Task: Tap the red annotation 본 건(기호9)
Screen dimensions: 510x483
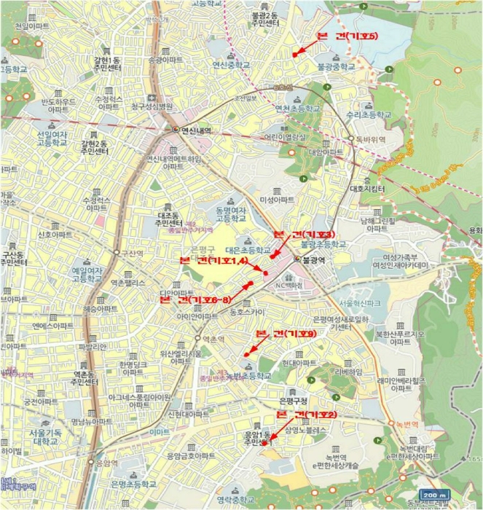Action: pyautogui.click(x=286, y=333)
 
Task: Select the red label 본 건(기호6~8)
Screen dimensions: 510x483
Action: pyautogui.click(x=195, y=299)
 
